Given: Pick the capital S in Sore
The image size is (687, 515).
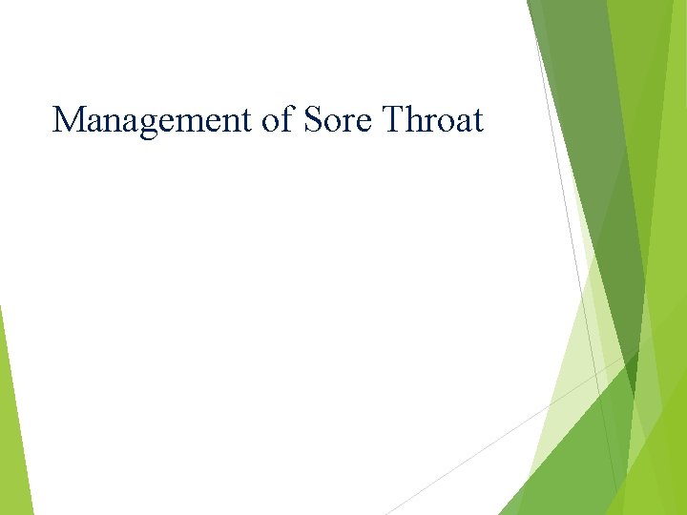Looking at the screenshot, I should pyautogui.click(x=313, y=120).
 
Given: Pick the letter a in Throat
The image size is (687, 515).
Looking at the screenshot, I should pyautogui.click(x=461, y=124).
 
